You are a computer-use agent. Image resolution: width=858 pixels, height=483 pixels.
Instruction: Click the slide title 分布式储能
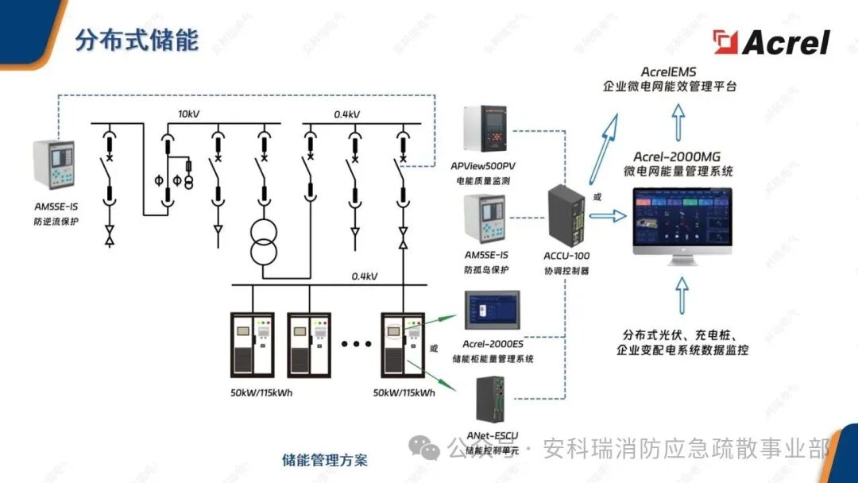(x=137, y=41)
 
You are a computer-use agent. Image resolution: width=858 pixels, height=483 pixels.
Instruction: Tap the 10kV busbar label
(x=188, y=114)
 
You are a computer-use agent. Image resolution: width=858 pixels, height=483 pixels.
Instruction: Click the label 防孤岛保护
(x=486, y=269)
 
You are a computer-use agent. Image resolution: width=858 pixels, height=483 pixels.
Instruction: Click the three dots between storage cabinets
(x=356, y=344)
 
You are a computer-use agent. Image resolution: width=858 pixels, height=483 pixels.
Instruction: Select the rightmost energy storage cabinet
(x=404, y=345)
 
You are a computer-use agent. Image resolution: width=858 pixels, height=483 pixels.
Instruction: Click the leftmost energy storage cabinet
(x=252, y=345)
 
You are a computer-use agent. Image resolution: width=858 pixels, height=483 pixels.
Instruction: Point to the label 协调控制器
(x=566, y=270)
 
